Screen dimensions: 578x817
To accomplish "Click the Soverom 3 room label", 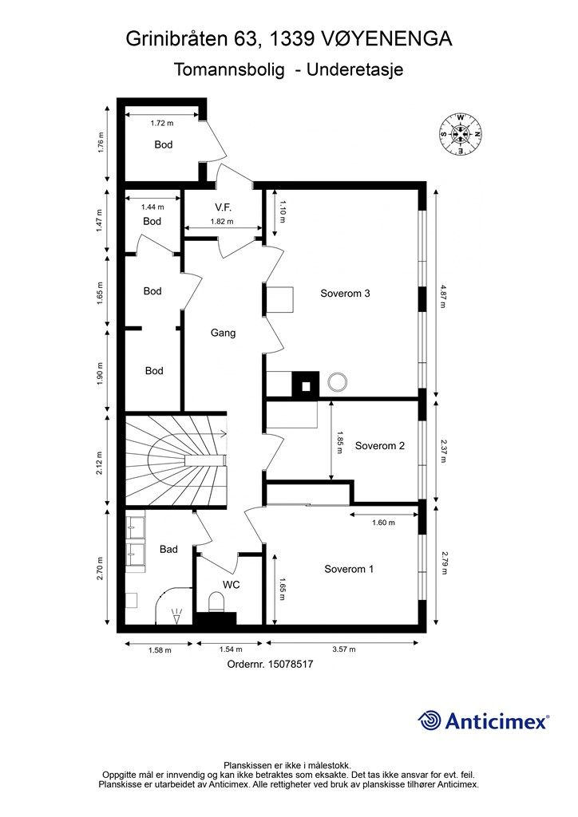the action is click(345, 294).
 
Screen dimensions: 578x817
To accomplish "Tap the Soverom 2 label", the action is click(379, 445).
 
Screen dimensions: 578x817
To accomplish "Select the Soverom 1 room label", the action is click(349, 569).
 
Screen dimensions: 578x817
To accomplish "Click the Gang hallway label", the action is click(223, 333).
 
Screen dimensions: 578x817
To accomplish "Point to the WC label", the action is click(232, 585).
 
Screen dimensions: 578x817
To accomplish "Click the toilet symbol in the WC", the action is click(216, 602).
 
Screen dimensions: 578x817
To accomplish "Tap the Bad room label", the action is click(168, 549).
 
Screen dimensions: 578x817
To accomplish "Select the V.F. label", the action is click(223, 207).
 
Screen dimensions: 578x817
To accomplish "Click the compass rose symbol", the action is click(460, 134).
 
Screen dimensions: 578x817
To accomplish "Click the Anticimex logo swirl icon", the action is click(430, 720).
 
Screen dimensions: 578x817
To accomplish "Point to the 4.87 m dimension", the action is click(443, 295).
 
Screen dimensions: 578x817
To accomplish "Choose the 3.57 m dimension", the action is click(345, 649).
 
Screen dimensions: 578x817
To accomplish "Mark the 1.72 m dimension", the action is click(161, 124).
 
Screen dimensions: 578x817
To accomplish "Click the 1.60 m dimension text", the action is click(383, 523).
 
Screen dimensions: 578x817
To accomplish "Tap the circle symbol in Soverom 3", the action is click(337, 382).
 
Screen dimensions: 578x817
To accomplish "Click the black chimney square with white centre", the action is click(306, 385).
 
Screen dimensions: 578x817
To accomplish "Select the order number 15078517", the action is click(291, 665).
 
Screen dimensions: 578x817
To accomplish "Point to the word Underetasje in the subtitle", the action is click(354, 69).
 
